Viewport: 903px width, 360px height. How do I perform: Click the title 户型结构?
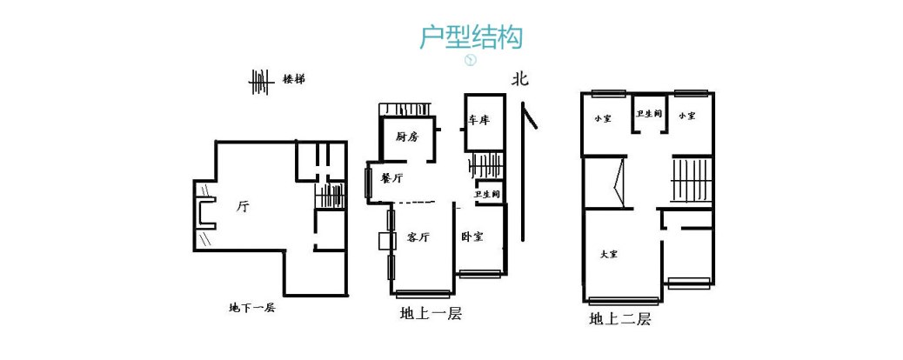click(x=470, y=37)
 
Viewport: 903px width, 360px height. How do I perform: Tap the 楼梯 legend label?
click(x=293, y=79)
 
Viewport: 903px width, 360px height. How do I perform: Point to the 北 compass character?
click(x=520, y=79)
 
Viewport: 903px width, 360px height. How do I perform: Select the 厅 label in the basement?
click(x=243, y=207)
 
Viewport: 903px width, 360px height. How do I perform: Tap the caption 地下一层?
click(x=251, y=308)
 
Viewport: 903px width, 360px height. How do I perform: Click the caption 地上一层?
click(x=430, y=314)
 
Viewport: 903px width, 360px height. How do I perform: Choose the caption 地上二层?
click(x=619, y=318)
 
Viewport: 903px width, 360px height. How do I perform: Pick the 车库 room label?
click(x=478, y=121)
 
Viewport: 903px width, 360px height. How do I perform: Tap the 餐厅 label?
click(x=391, y=178)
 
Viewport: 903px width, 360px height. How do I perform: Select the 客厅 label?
click(x=418, y=237)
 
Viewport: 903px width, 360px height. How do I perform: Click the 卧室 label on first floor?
click(x=472, y=237)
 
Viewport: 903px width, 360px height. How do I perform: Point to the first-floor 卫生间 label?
click(x=486, y=195)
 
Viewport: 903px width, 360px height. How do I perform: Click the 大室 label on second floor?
click(x=609, y=255)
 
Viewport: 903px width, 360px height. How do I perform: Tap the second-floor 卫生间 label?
click(x=648, y=114)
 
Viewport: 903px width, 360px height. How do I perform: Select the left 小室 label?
click(x=602, y=117)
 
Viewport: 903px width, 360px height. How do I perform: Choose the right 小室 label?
click(x=687, y=117)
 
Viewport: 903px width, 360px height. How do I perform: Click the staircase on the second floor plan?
click(x=692, y=178)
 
